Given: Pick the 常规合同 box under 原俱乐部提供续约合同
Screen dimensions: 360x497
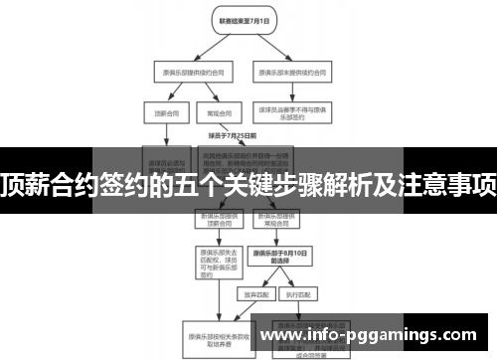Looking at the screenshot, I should coord(211,113).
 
